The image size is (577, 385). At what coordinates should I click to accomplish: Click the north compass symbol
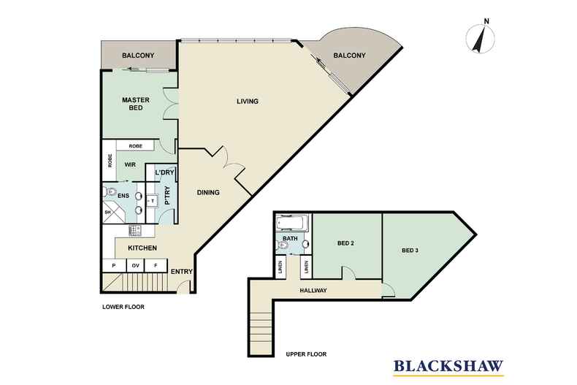pos(480,38)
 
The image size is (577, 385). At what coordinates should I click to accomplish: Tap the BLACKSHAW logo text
pos(448,366)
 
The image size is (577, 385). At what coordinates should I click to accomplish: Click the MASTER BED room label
pos(136,104)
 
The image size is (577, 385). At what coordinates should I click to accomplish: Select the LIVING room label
pos(248,102)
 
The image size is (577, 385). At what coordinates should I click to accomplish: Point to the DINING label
pos(208,193)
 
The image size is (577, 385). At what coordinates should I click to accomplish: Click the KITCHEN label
pos(142,248)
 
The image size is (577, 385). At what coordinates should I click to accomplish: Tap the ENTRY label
pos(182,272)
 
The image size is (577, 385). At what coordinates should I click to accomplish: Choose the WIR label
pos(130,165)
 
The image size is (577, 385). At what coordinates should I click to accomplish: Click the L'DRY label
pos(164,172)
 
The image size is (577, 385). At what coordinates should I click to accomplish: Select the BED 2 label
pos(345,243)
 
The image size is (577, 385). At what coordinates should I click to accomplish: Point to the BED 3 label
pos(410,251)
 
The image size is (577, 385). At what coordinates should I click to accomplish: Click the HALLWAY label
pos(313,291)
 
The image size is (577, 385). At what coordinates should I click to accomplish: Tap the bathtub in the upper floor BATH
pos(292,224)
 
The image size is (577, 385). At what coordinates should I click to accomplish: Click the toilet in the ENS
pos(110,191)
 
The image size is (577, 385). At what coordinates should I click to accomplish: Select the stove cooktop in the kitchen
pos(134,231)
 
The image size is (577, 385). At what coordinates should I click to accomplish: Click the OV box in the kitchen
pos(135,265)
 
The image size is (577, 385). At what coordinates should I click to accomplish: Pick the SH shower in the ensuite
pos(111,212)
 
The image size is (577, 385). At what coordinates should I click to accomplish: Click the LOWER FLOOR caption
pos(123,307)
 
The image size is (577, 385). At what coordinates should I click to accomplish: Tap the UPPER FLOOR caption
pos(306,354)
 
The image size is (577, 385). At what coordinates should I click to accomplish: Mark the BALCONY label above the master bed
pos(138,56)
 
